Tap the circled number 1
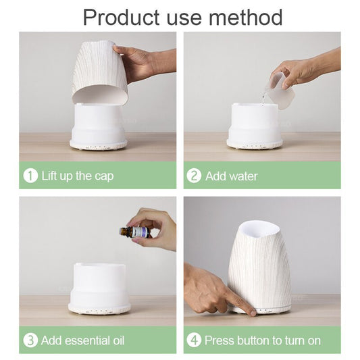pos(30,176)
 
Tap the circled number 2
pos(194,176)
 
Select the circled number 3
pos(30,340)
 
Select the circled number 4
pos(194,340)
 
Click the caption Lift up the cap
pos(77,176)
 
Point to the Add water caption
pos(231,176)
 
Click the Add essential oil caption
pos(82,340)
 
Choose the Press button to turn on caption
pos(262,340)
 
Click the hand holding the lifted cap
pos(138,62)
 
